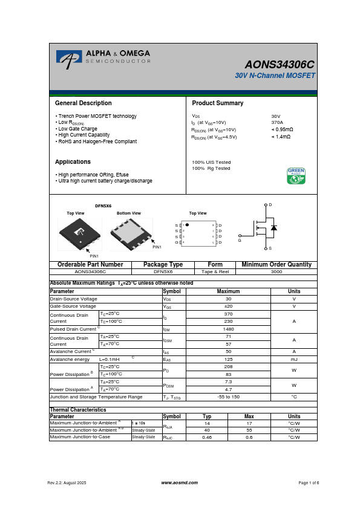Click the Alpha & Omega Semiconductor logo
click(x=103, y=57)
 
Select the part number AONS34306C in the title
click(x=280, y=64)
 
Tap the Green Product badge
click(x=296, y=175)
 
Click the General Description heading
click(x=83, y=103)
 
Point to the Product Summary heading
click(x=217, y=103)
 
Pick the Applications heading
click(x=73, y=162)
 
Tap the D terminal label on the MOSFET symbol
click(x=270, y=206)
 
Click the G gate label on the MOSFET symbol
click(x=240, y=241)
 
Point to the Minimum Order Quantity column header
click(x=277, y=265)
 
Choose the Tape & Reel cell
click(x=215, y=272)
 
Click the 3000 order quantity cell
click(x=277, y=272)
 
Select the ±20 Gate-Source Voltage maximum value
click(x=229, y=306)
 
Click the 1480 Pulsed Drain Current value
click(x=229, y=329)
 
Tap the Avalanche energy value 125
click(x=229, y=359)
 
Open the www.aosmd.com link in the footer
click(x=180, y=482)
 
